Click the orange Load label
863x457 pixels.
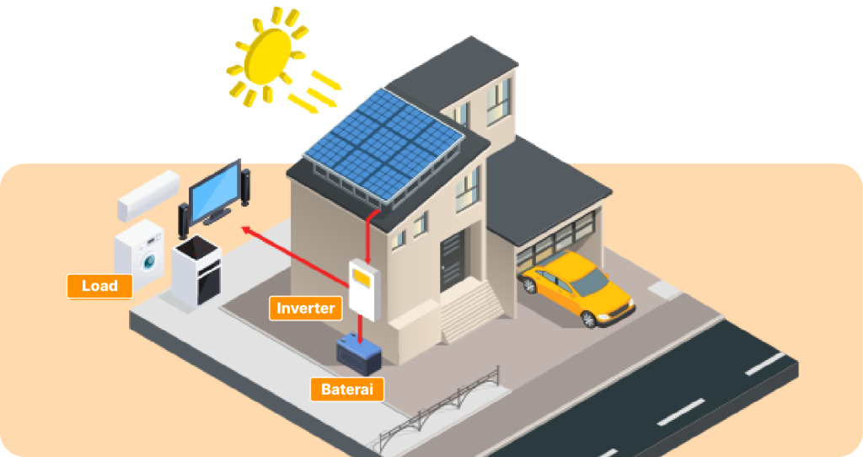(99, 286)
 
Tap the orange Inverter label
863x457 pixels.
(305, 308)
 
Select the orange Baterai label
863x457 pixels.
(346, 390)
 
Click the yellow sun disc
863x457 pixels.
(267, 56)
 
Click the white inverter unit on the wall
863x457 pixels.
(364, 289)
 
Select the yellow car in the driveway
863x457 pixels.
(578, 288)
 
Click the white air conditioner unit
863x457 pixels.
(148, 196)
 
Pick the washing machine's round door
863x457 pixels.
(149, 261)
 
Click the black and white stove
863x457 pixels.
(196, 271)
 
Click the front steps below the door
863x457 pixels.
(471, 310)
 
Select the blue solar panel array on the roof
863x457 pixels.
(384, 143)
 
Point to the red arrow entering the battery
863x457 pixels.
(360, 330)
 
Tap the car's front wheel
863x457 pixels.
(588, 319)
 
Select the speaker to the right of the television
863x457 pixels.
(245, 187)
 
